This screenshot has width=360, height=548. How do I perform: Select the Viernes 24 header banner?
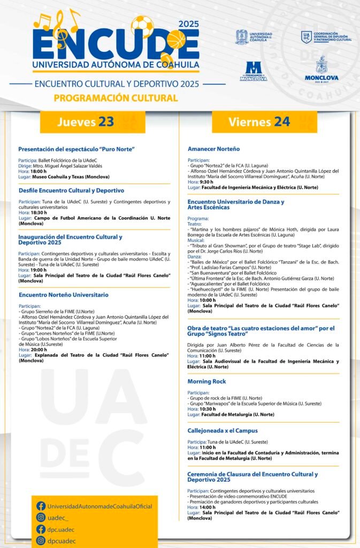pyautogui.click(x=259, y=122)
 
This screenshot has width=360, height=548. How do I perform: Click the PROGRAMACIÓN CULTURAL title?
pyautogui.click(x=116, y=98)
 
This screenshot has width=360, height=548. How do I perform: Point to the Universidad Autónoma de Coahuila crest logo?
pyautogui.click(x=242, y=37)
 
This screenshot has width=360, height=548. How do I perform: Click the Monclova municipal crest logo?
pyautogui.click(x=321, y=66)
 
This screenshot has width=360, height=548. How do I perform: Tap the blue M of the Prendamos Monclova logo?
pyautogui.click(x=254, y=67)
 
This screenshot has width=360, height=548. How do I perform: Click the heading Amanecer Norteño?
pyautogui.click(x=213, y=149)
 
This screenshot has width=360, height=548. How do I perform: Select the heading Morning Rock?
pyautogui.click(x=206, y=382)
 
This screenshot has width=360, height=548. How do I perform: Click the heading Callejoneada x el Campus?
pyautogui.click(x=223, y=430)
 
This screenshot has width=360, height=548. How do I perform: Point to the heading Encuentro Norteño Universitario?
pyautogui.click(x=63, y=295)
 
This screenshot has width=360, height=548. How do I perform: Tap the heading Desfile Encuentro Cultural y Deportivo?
pyautogui.click(x=71, y=191)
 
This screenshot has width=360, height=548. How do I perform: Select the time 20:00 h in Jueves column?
pyautogui.click(x=39, y=349)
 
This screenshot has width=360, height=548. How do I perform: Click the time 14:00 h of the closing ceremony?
pyautogui.click(x=208, y=507)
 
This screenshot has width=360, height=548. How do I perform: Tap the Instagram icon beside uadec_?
pyautogui.click(x=41, y=517)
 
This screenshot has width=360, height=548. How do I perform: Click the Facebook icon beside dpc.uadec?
pyautogui.click(x=41, y=529)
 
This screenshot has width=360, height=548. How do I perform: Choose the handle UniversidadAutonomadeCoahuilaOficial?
pyautogui.click(x=99, y=506)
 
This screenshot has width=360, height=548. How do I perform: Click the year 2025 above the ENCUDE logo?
pyautogui.click(x=188, y=24)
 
